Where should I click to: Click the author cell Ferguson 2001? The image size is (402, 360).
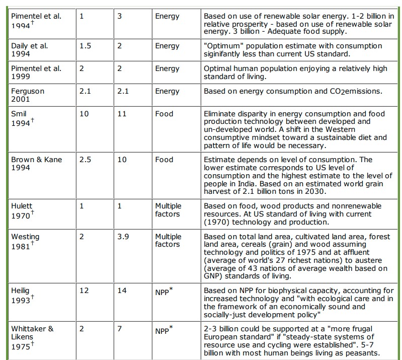point(28,95)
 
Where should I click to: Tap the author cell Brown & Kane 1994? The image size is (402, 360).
point(37,163)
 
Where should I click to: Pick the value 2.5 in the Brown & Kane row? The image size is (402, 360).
point(86,159)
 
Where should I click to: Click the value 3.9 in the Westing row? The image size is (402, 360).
point(123,236)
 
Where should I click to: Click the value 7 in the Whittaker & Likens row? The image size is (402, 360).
point(119,329)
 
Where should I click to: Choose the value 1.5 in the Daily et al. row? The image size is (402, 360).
point(86,46)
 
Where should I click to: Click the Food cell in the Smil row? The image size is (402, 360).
point(164,114)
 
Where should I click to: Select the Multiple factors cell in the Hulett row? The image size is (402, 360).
point(168,209)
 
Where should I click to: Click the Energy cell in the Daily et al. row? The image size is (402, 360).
point(167,46)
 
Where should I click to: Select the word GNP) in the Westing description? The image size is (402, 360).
point(213,275)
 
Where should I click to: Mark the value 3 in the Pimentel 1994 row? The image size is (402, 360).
point(119,16)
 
